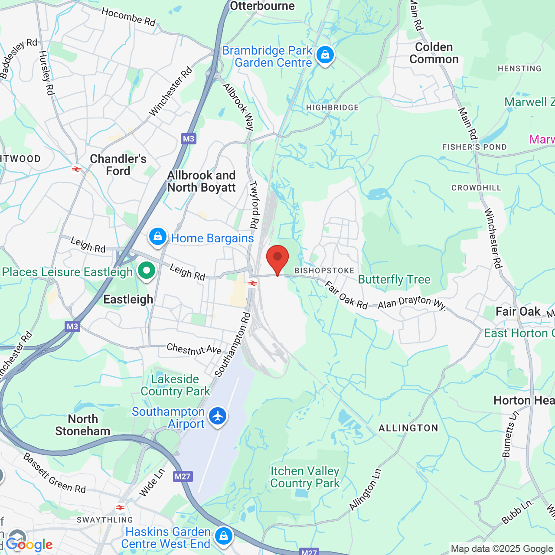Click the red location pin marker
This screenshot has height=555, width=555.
(x=277, y=259)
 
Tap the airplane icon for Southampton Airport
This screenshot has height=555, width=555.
(x=218, y=416)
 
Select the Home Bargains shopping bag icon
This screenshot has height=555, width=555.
(x=158, y=237)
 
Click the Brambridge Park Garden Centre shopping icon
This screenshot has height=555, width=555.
(x=325, y=55)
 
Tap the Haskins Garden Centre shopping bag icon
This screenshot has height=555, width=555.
(x=224, y=536)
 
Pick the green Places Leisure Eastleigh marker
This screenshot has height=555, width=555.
(x=147, y=271)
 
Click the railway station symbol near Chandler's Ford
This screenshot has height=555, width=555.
(x=76, y=169)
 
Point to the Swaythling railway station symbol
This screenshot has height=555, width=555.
(x=120, y=508)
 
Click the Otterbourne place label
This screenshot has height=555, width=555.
(x=262, y=6)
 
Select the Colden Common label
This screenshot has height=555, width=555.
(x=434, y=53)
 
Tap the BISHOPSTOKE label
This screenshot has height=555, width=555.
(x=324, y=271)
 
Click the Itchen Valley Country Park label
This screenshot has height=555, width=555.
(x=305, y=477)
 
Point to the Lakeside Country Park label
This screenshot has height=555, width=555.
(x=175, y=385)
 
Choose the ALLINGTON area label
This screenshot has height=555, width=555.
(x=408, y=428)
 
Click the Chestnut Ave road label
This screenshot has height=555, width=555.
(x=194, y=349)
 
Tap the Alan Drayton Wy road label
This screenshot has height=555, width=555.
(x=412, y=302)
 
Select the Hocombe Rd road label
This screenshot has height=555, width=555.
(x=128, y=17)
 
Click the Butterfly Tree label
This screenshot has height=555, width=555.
(x=394, y=280)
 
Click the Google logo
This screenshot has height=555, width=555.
(x=29, y=545)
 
